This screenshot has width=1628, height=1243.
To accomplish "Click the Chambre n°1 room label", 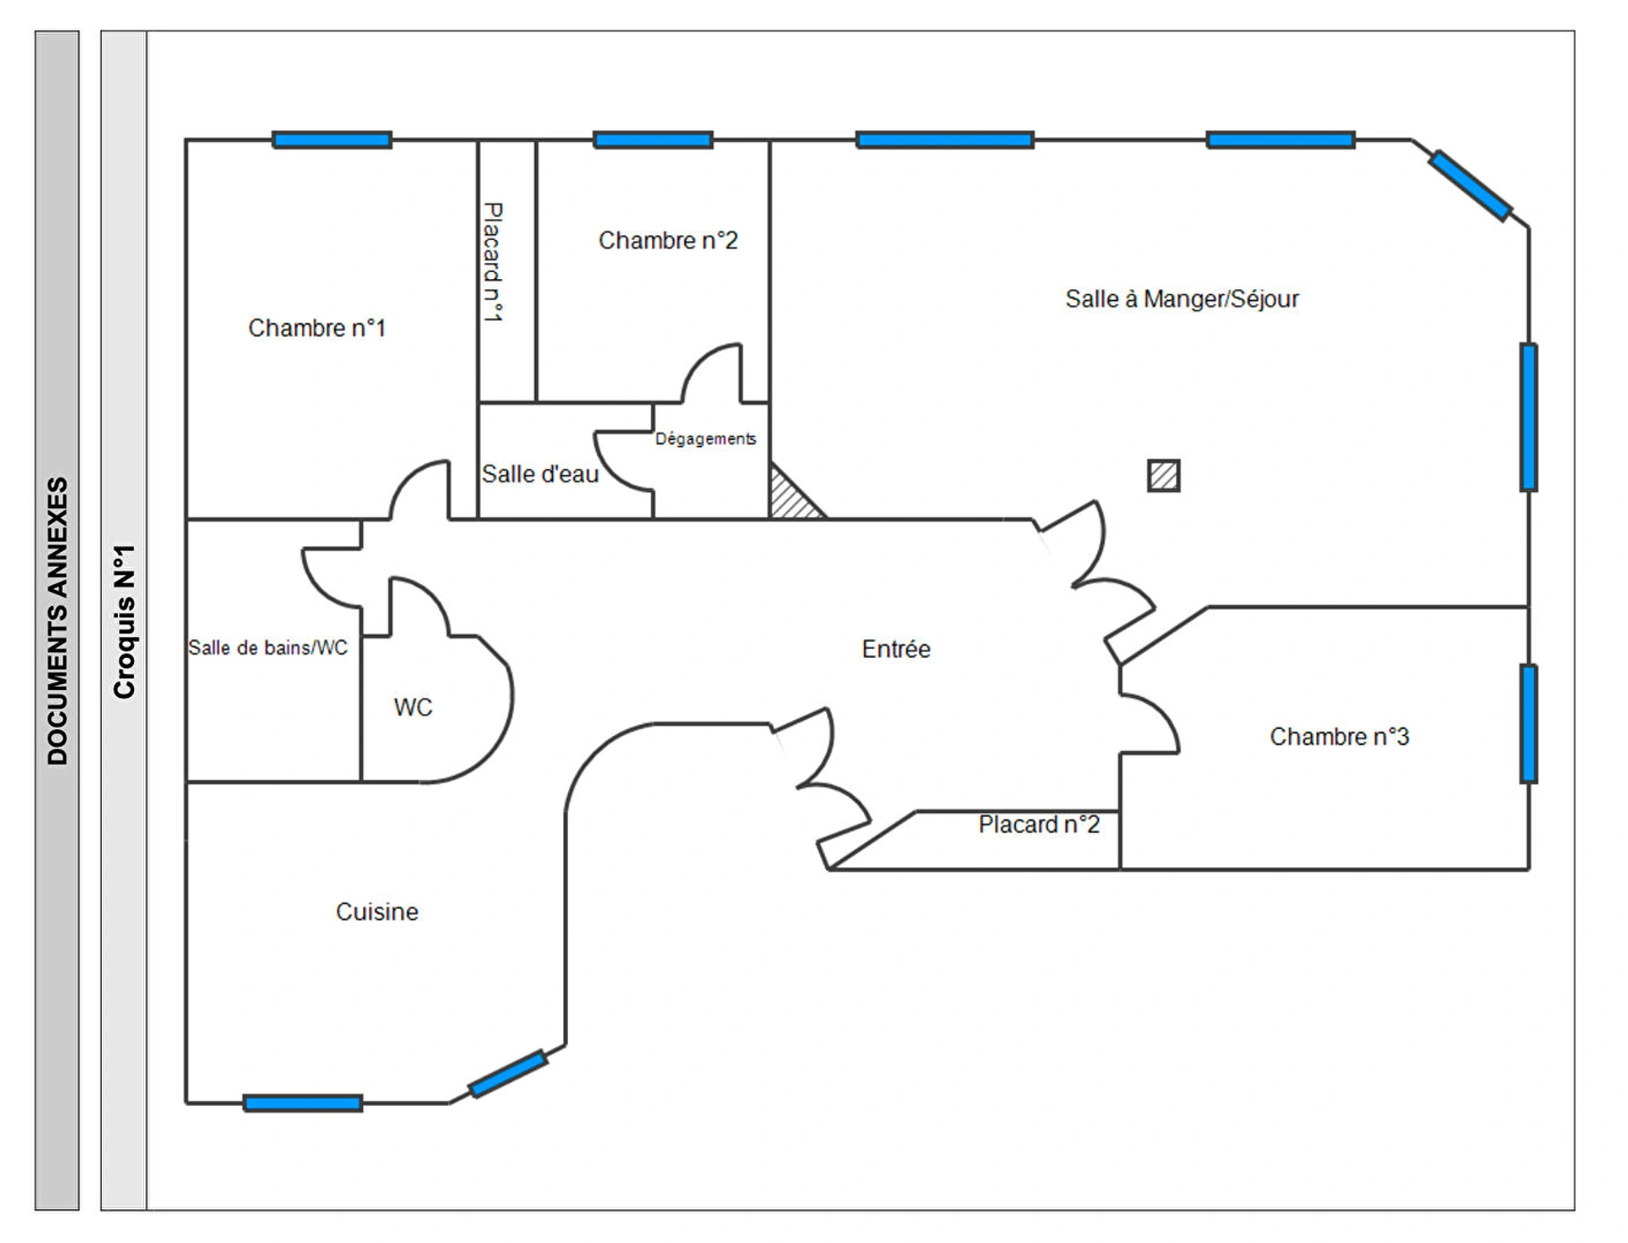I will [316, 328].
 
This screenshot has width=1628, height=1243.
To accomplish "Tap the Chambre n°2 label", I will [667, 241].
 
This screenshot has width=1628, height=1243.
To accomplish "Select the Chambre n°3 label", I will [1339, 737].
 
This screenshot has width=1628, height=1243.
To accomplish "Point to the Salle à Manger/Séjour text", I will [1181, 299].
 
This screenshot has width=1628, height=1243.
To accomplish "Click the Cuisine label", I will [376, 912].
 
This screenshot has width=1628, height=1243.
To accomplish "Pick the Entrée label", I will [895, 649].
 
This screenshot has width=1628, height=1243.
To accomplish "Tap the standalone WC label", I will [413, 707].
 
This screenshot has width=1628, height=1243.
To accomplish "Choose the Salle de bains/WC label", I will [268, 648].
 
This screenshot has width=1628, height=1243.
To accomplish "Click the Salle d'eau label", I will [540, 474].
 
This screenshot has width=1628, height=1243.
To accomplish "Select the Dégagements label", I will [705, 439].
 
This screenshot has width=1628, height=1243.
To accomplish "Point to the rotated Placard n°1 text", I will [493, 262].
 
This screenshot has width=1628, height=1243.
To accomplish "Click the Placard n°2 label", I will [1039, 825].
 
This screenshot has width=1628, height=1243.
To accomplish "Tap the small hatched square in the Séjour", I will [1163, 476].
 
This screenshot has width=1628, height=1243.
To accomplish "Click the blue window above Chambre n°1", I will [332, 140].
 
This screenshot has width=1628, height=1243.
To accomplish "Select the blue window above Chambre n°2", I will [652, 140].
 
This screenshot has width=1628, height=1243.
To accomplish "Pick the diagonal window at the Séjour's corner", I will [1470, 186].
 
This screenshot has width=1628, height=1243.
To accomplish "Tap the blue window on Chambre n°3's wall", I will [1528, 723].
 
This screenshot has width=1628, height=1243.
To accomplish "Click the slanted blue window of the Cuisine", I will [507, 1074].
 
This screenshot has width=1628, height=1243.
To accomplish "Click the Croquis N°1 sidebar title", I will [124, 621].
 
